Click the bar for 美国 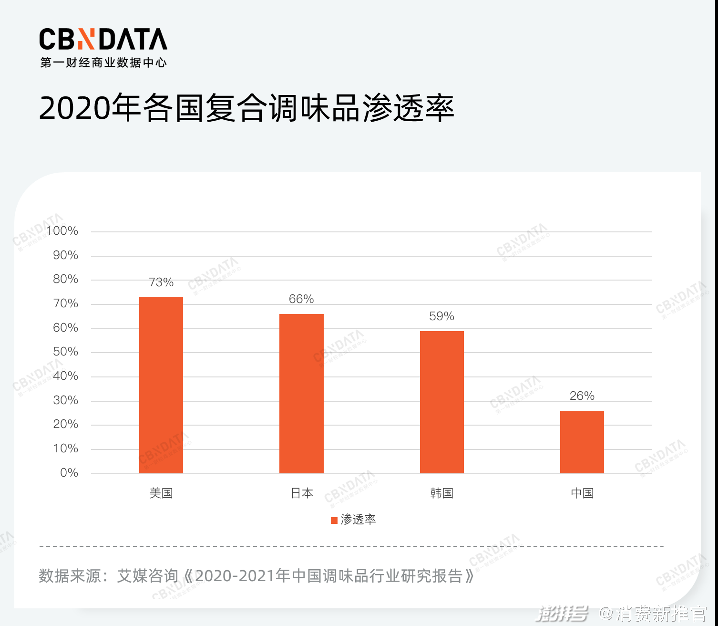coord(161,385)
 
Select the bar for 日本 coord(301,394)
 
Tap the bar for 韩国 coord(441,402)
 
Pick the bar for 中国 coord(582,442)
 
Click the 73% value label coord(161,282)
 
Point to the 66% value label coord(301,299)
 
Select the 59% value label coord(441,316)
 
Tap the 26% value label coord(582,396)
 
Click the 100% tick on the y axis coord(62,231)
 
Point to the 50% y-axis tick coord(66,352)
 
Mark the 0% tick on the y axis coord(69,473)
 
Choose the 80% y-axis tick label coord(66,279)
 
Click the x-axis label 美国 coord(161,493)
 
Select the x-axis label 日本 coord(302,493)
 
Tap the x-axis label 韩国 coord(441,493)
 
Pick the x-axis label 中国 coord(582,493)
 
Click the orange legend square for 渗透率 coord(334,520)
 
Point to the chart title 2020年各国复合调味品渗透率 coord(246,108)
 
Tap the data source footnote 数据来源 coord(256,576)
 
